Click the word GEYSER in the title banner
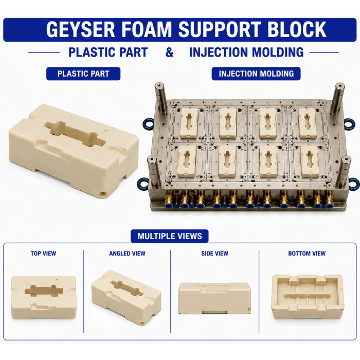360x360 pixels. [81, 29]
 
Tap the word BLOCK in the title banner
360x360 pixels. [297, 29]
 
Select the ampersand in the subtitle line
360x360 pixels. [169, 52]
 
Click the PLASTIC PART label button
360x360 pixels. [83, 74]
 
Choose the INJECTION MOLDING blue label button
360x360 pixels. [256, 74]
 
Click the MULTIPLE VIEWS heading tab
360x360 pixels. [170, 236]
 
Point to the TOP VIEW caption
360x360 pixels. [43, 254]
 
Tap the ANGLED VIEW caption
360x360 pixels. [127, 254]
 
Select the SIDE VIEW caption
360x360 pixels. [214, 254]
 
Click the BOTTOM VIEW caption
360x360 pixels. [307, 254]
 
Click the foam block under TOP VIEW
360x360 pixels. [44, 297]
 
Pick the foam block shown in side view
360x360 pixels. [214, 298]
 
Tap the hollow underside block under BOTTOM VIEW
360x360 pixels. [308, 297]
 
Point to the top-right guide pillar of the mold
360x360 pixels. [337, 98]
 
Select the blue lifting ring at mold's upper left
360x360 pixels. [148, 124]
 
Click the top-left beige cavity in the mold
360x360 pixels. [189, 123]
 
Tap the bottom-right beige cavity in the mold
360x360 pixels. [310, 161]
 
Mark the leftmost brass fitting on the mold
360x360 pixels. [169, 199]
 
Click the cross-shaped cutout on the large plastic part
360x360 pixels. [75, 134]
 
